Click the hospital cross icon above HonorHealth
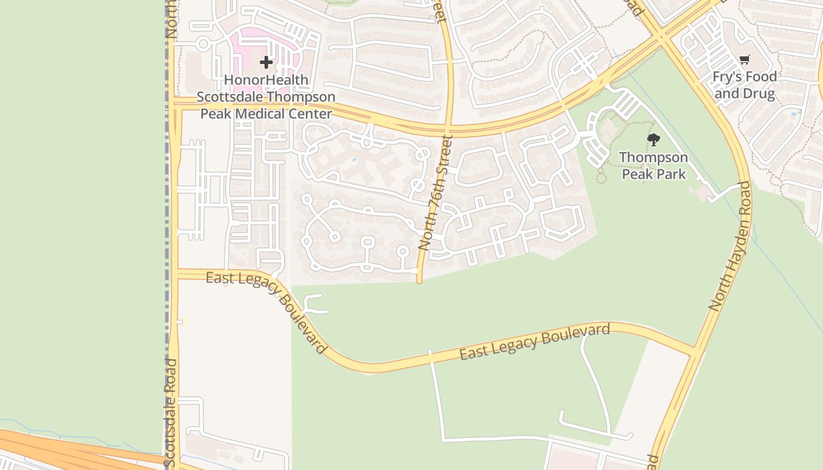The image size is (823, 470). point(266,62)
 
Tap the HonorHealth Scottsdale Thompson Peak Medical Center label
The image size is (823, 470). point(266,97)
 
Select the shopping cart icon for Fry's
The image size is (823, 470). point(745,59)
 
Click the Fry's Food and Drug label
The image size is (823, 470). point(745,85)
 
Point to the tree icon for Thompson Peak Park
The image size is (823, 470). point(653,140)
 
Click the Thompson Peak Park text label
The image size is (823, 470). point(654,166)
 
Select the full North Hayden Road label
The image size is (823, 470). point(730,247)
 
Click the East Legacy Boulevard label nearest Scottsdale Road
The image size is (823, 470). point(266,311)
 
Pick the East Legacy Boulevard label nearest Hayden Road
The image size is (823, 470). point(534,341)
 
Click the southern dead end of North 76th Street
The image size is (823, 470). point(419,281)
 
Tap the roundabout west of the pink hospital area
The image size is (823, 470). point(203,43)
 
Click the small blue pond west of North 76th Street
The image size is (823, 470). point(354,160)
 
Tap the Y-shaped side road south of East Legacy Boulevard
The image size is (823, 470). point(315,304)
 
